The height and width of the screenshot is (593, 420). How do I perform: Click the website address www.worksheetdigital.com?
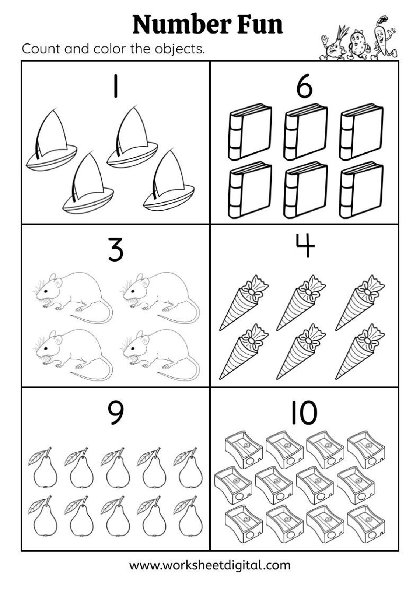pos(210,565)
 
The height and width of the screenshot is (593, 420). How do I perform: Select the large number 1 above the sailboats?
pos(116,86)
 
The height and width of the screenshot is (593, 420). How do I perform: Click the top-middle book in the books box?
pos(305,132)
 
